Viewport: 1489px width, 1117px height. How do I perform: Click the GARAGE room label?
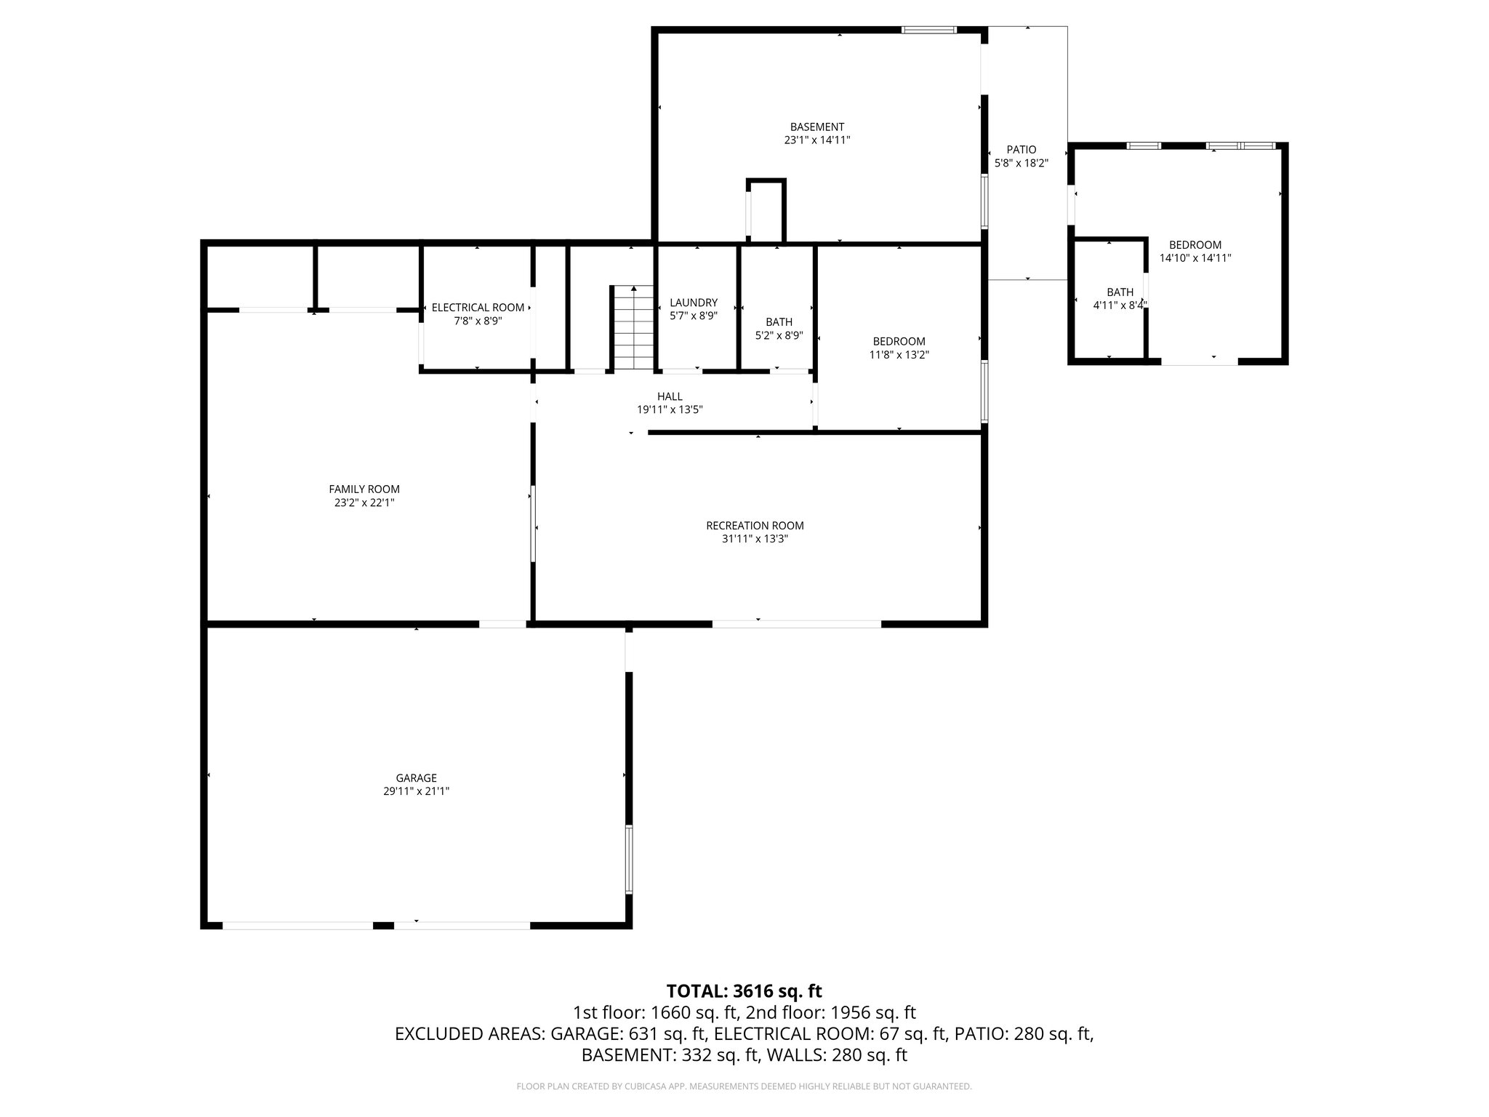pos(416,777)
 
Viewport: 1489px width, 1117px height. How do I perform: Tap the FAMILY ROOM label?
pos(364,489)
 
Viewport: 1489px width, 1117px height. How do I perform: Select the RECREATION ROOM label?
pos(755,526)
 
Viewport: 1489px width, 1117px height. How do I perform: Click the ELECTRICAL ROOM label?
pos(478,308)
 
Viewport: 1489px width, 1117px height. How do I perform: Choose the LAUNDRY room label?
pos(694,303)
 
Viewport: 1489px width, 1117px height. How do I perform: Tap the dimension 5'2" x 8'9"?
pos(779,335)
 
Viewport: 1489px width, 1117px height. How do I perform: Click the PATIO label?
pos(1022,150)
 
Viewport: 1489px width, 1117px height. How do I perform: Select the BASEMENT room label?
pos(817,127)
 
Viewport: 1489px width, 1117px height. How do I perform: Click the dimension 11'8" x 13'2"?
pos(899,355)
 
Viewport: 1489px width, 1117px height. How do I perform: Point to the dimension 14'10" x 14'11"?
pos(1195,257)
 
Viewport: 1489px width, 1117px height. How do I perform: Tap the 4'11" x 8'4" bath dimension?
pos(1120,305)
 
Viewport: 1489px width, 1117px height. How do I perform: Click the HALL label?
pos(670,396)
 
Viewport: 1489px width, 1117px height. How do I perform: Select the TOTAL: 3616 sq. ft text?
pos(744,991)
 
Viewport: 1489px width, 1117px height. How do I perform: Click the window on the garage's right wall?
pos(629,859)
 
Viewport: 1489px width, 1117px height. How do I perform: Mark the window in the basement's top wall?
pos(928,30)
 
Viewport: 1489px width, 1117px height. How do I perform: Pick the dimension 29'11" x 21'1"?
pos(416,791)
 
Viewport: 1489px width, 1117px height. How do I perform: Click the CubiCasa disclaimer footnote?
pos(744,1086)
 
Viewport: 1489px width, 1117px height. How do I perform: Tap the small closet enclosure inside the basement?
pos(766,212)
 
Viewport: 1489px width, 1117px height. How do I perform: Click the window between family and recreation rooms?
pos(532,523)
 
